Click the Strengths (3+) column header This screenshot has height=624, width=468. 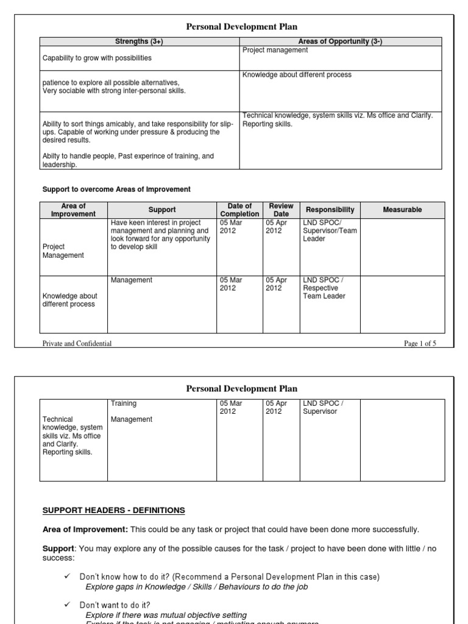(x=140, y=41)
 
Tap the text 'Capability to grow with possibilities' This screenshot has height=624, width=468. (x=97, y=58)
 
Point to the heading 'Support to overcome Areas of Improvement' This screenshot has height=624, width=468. (x=116, y=190)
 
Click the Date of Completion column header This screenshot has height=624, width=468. (x=239, y=210)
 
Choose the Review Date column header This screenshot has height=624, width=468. (x=281, y=210)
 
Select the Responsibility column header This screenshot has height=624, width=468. (x=330, y=210)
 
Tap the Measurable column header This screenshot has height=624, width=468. (x=402, y=210)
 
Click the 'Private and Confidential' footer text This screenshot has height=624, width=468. (x=77, y=344)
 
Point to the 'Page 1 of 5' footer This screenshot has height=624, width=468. (x=420, y=344)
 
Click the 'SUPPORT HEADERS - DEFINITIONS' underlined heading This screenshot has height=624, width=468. (x=114, y=510)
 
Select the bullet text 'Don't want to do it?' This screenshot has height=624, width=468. (x=115, y=605)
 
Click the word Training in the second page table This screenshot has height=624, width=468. (x=124, y=403)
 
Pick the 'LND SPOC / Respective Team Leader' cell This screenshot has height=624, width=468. (x=324, y=288)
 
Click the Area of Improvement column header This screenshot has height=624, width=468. (x=73, y=210)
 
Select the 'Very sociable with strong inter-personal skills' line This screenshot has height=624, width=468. (x=114, y=91)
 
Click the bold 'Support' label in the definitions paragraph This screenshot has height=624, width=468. (x=56, y=548)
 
